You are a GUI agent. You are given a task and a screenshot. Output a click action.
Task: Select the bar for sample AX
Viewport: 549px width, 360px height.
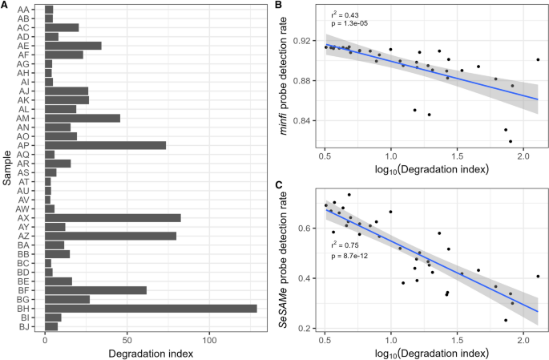point(112,217)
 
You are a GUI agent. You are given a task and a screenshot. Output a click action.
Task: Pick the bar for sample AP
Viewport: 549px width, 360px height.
point(105,144)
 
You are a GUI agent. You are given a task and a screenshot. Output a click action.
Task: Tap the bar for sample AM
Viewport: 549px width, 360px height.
point(83,118)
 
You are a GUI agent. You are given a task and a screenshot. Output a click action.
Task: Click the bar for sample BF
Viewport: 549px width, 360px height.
point(95,289)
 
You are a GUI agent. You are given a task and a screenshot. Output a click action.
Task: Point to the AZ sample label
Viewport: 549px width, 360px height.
point(24,236)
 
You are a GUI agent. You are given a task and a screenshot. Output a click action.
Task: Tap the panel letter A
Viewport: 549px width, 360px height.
point(5,6)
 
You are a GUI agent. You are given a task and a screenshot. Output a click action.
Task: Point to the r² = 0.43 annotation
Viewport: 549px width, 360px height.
point(345,15)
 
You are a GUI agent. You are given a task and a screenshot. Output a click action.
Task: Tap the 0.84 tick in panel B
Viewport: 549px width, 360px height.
point(305,120)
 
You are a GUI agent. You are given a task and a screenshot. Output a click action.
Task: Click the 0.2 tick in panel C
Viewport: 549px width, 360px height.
point(308,329)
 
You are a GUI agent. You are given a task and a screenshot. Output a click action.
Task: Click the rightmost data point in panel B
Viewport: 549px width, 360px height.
point(538,59)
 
